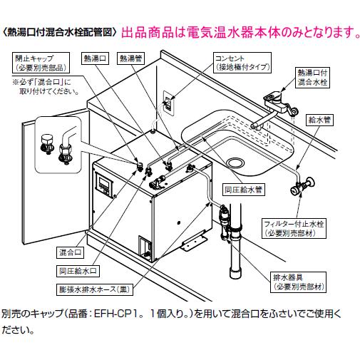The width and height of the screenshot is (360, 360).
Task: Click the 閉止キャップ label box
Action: click(38, 62)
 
